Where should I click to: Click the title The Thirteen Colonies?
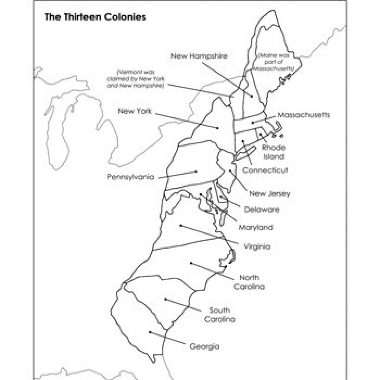click(95, 17)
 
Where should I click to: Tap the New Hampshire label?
click(199, 56)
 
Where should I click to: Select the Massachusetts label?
click(303, 115)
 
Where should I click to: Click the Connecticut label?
click(265, 170)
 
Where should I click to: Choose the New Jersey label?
click(269, 193)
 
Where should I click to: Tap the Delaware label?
click(262, 210)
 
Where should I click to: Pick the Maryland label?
click(255, 227)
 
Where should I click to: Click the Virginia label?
click(257, 246)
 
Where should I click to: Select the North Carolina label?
click(249, 282)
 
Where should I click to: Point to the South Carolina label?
click(219, 315)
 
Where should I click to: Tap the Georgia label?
click(204, 347)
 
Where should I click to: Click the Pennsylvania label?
click(131, 177)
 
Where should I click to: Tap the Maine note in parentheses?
click(275, 62)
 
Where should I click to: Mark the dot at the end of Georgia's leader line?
click(150, 332)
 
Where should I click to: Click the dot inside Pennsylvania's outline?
click(195, 171)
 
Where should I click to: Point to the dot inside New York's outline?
click(217, 128)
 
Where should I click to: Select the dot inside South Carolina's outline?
click(166, 299)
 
